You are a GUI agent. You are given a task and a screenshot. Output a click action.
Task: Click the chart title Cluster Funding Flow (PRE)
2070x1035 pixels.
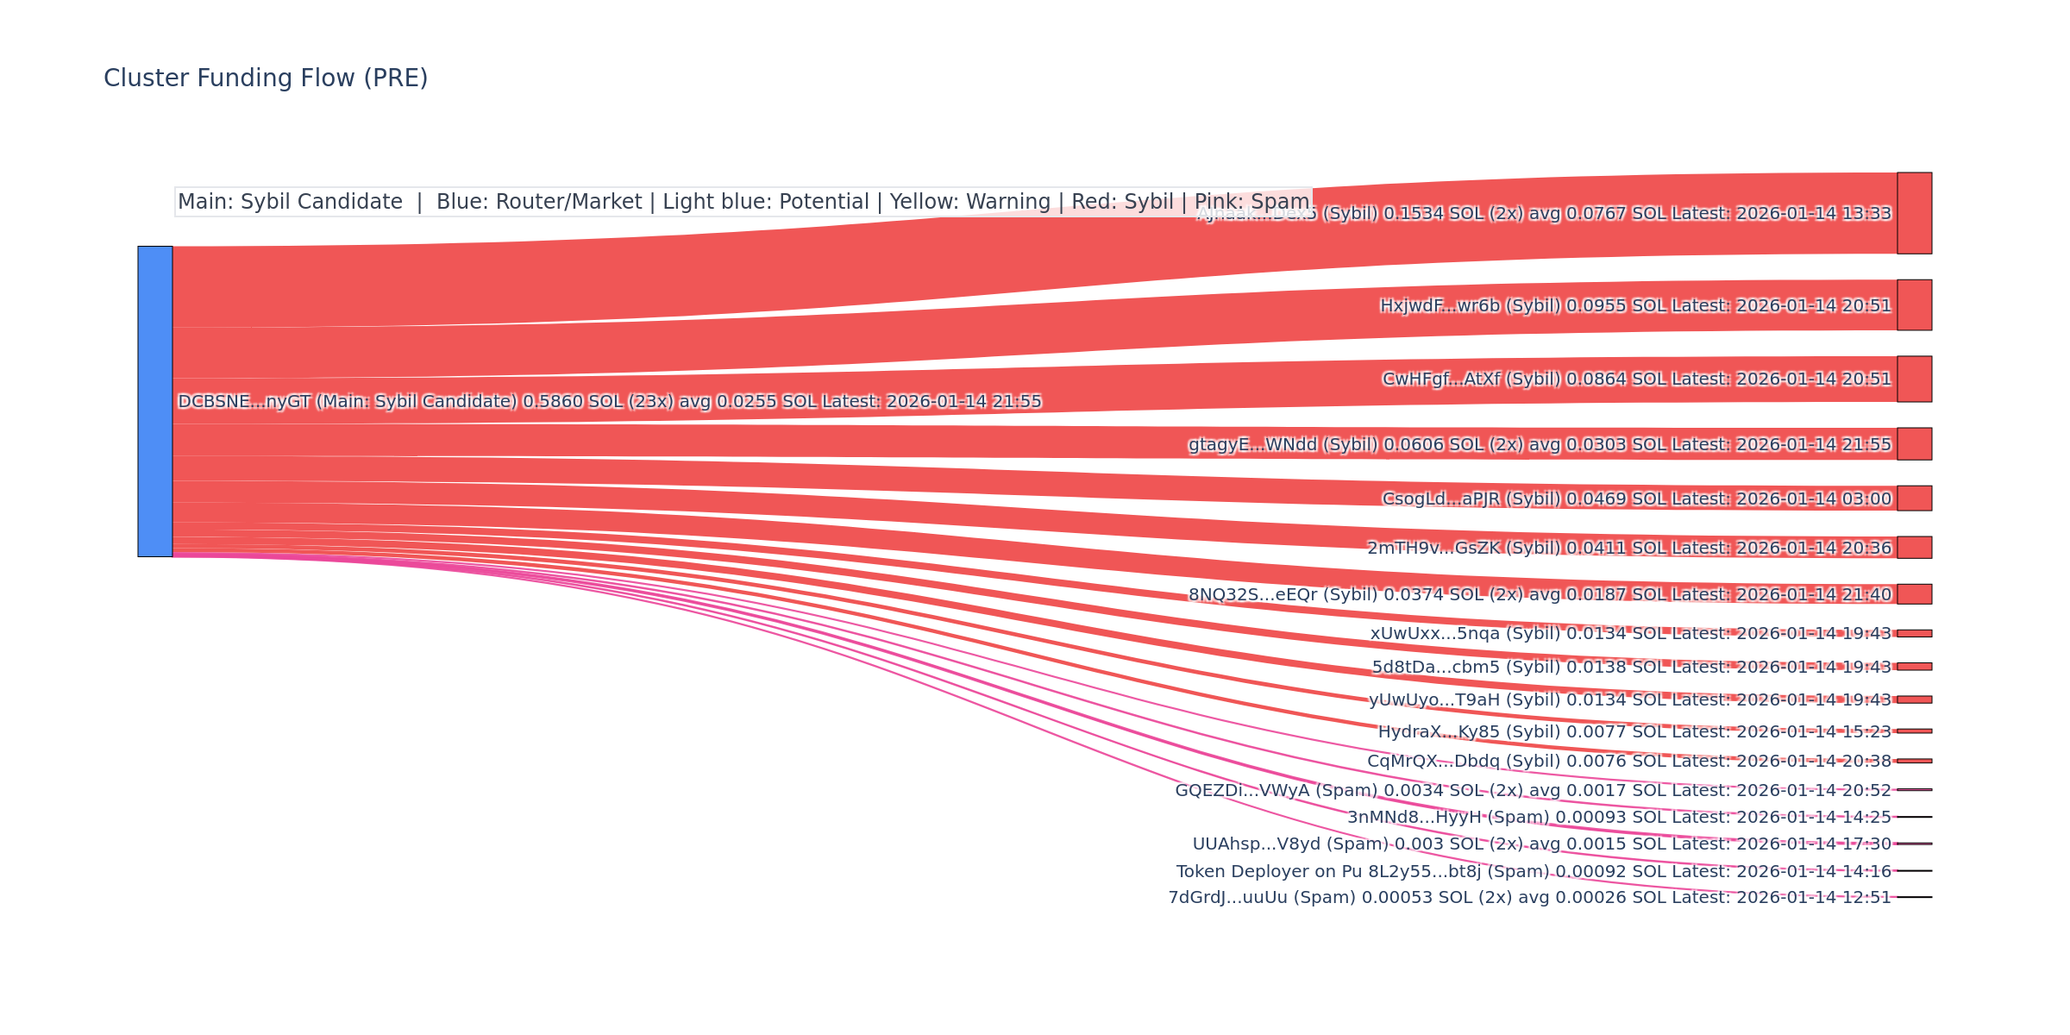click(266, 78)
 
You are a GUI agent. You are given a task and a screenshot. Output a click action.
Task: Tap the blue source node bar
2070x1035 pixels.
click(155, 401)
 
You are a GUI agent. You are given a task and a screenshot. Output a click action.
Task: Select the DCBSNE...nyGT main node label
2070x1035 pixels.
click(609, 402)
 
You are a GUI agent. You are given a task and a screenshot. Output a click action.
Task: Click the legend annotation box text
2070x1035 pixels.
click(743, 202)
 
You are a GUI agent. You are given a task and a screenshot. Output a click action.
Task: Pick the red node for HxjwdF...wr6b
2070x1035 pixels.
click(1914, 305)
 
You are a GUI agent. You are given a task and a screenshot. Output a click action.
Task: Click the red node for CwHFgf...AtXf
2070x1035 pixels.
click(1914, 379)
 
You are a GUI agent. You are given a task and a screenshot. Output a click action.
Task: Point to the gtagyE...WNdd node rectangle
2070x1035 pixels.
click(1914, 444)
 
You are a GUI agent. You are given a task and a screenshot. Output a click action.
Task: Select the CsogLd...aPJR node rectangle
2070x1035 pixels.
click(1914, 499)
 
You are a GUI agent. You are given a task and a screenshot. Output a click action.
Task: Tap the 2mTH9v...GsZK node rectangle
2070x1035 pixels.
click(1914, 548)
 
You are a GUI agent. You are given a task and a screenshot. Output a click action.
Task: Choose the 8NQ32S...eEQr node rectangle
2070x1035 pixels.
click(1914, 594)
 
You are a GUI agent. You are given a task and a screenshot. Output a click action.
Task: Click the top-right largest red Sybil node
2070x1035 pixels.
click(1914, 213)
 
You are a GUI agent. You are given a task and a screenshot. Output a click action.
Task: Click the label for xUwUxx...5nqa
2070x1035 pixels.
click(1630, 634)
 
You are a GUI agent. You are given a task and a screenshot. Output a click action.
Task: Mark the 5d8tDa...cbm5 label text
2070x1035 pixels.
click(1631, 668)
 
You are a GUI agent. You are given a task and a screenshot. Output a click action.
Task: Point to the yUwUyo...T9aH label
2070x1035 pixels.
click(1629, 700)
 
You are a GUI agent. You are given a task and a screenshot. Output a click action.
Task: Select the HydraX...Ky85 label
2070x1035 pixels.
click(1634, 732)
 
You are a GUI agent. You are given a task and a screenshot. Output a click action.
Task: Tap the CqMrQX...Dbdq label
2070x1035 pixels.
click(1628, 762)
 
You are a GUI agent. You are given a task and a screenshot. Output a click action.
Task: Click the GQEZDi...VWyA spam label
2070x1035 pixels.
click(1533, 791)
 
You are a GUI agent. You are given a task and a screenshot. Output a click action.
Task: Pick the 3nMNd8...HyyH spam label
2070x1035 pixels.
click(1619, 818)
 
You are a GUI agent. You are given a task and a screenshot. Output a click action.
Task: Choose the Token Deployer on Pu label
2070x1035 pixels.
click(1534, 872)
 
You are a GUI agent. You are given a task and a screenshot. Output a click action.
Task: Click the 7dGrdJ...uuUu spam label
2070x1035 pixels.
click(1529, 898)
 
